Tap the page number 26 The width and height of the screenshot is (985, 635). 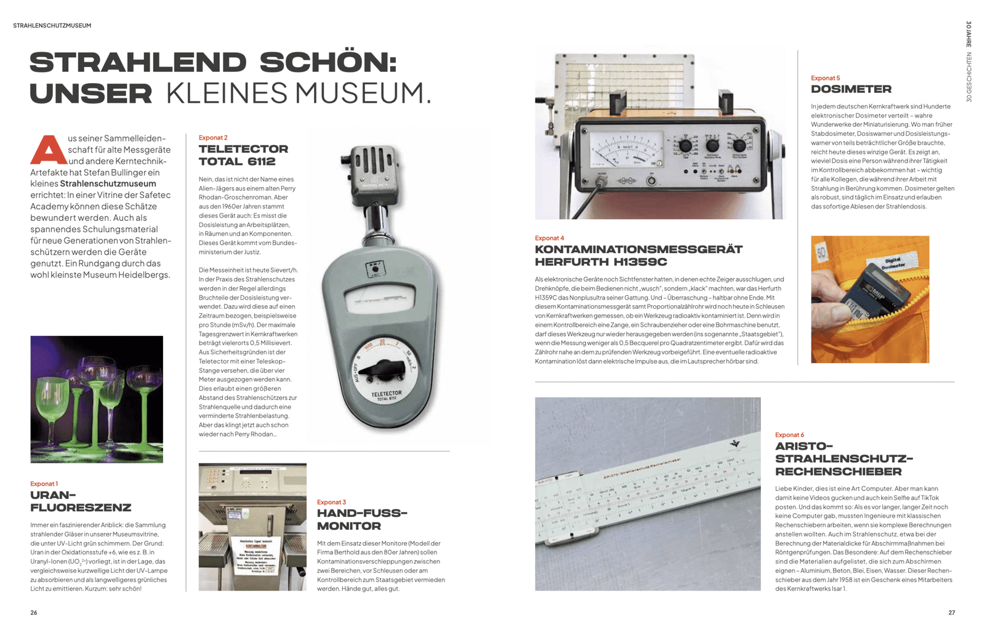point(34,612)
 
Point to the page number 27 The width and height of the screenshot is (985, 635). point(951,612)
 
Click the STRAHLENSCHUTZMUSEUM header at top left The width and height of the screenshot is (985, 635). point(52,25)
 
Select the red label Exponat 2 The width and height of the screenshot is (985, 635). point(213,137)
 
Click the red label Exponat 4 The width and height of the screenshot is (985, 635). point(549,238)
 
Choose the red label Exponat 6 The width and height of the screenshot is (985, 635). point(789,434)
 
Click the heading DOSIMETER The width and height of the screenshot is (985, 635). point(851,89)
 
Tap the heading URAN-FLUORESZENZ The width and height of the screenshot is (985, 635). point(81,501)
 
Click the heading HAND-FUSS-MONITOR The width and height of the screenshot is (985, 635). point(362,519)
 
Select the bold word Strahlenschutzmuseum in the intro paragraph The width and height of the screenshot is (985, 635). point(108,183)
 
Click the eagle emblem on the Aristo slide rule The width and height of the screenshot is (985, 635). point(734,443)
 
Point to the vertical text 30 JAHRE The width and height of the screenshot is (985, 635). point(968,34)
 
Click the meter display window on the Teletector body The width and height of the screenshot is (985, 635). point(377,300)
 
